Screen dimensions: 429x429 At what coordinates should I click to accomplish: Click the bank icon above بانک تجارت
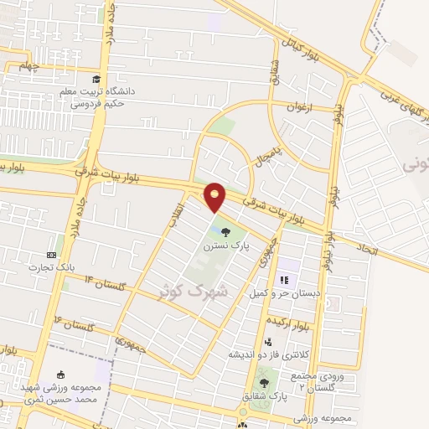click(52, 254)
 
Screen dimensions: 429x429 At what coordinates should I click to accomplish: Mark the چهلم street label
click(30, 67)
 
